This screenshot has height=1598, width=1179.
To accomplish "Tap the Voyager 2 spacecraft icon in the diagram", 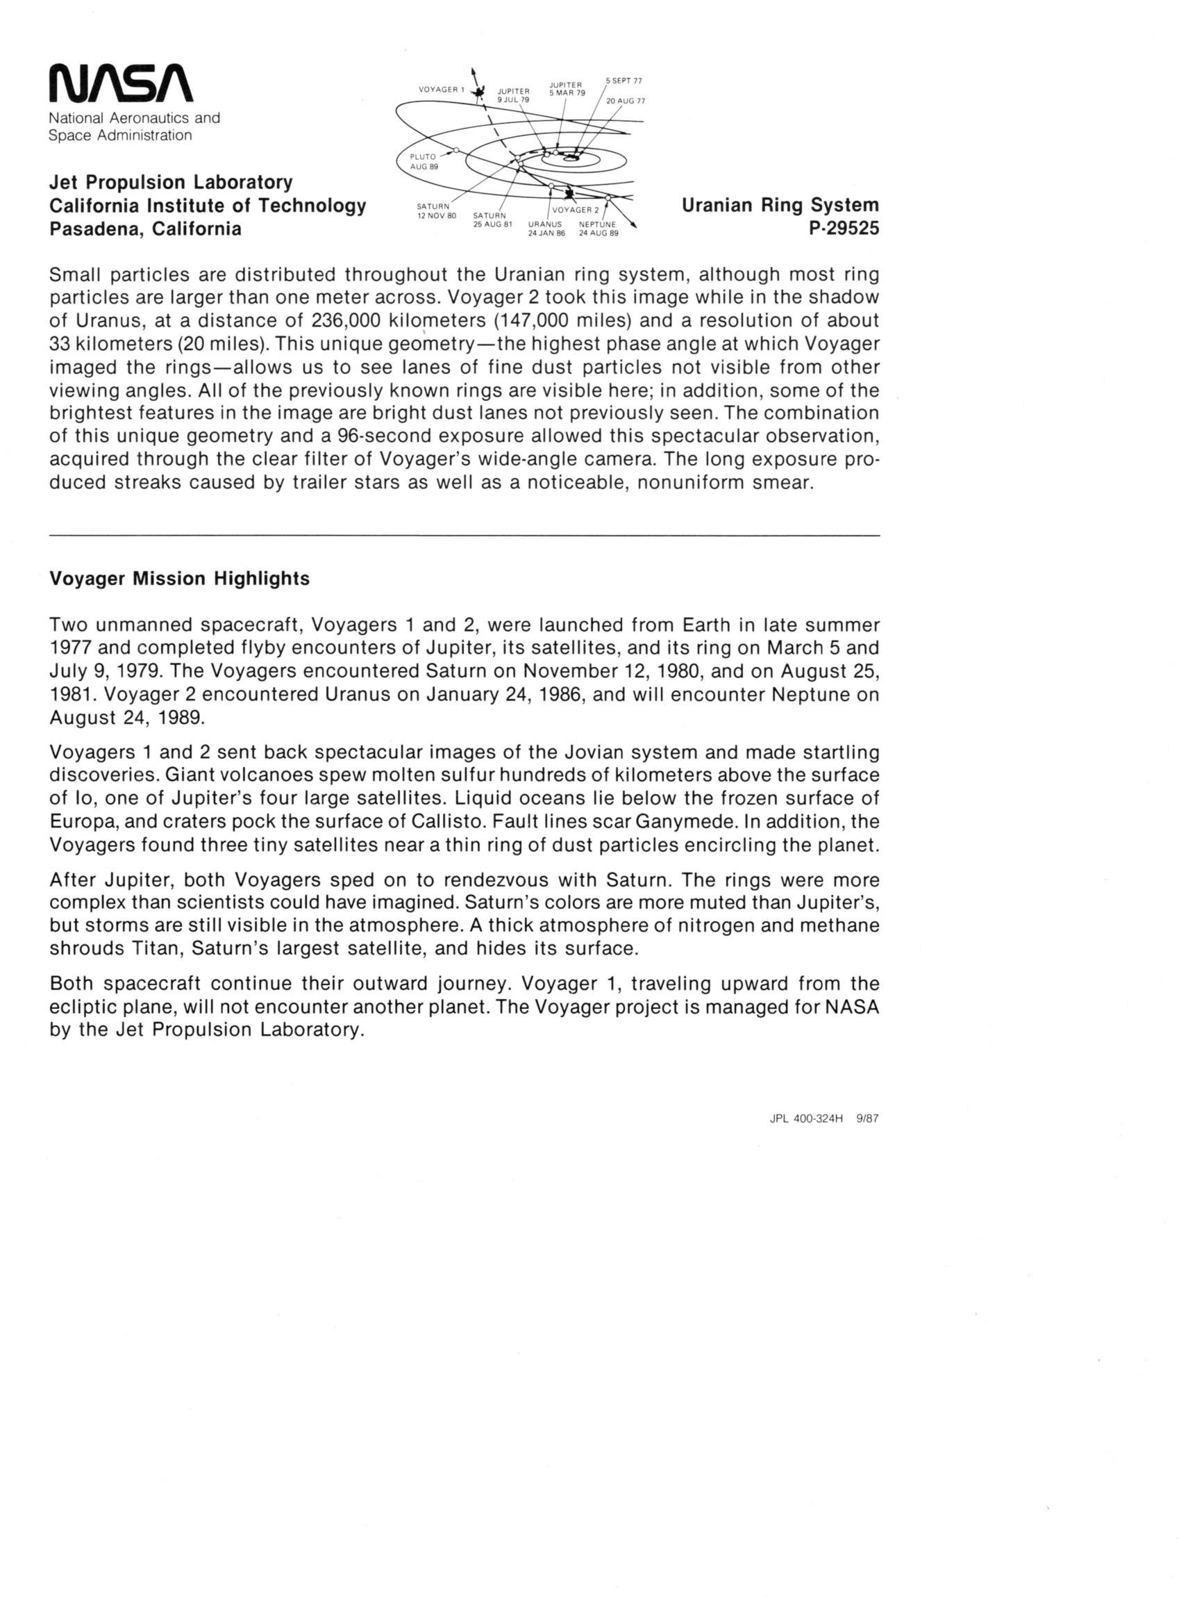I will coord(569,192).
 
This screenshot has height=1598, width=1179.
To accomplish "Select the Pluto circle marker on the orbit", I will coord(455,150).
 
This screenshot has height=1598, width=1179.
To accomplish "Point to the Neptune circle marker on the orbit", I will coord(608,198).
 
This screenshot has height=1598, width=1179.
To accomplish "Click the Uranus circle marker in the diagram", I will coord(551,186).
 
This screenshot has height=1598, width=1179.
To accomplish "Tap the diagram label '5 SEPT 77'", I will coord(624,81).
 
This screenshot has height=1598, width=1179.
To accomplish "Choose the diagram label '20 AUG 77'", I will coord(625,101).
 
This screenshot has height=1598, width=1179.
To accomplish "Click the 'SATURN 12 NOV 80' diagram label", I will coord(435,211).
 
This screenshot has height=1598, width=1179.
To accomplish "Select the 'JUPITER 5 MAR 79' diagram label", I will coord(567,88).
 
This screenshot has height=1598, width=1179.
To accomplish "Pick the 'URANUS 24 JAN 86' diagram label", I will coord(546,229).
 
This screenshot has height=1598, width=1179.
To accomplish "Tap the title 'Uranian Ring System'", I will coord(780,205).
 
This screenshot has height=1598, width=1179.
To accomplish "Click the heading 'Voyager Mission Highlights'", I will coord(179,578).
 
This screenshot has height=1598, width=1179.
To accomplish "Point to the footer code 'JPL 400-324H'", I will coord(805,1119).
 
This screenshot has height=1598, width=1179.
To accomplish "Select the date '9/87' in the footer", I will coord(867,1119).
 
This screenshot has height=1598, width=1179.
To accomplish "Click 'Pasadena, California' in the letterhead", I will coord(145,229).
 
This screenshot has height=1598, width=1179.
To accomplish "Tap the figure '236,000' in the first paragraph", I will coord(345,320).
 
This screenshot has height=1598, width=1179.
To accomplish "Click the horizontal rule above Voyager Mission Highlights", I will coord(464,536).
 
